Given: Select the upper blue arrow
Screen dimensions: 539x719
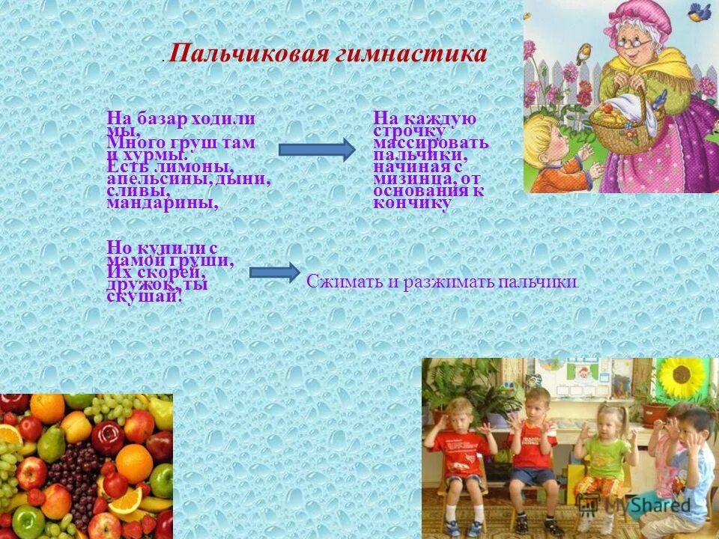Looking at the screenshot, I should pyautogui.click(x=317, y=149).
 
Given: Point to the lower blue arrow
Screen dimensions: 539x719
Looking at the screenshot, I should pyautogui.click(x=273, y=272).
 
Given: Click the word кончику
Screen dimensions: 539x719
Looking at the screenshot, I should pyautogui.click(x=412, y=203).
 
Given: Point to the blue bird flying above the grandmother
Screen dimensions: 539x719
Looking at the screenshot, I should pyautogui.click(x=701, y=11).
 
